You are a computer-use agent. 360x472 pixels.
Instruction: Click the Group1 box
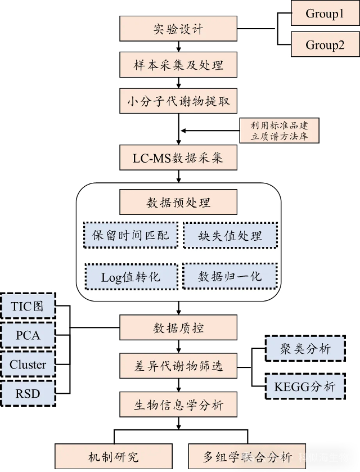tap(325, 14)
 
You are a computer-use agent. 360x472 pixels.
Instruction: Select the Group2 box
tap(325, 44)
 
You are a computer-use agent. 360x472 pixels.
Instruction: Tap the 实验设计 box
tap(178, 29)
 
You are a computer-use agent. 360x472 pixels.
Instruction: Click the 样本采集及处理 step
tap(178, 65)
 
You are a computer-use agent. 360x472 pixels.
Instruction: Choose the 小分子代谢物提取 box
tap(178, 102)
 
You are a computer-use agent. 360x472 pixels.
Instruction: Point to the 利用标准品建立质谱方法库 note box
tap(280, 131)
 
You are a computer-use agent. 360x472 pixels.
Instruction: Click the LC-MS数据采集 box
tap(178, 158)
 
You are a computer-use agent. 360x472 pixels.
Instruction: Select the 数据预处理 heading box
tap(178, 203)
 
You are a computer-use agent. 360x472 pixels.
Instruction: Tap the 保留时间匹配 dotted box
tap(130, 235)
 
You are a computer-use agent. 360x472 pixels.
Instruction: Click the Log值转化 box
tap(130, 277)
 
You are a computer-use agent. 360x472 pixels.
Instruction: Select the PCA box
tap(28, 335)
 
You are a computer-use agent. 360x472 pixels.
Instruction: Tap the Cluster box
tap(28, 365)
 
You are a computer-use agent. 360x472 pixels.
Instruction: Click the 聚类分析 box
tap(305, 349)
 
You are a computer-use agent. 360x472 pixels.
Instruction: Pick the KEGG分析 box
tap(305, 386)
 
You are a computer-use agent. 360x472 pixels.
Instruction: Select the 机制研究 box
tap(113, 457)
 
